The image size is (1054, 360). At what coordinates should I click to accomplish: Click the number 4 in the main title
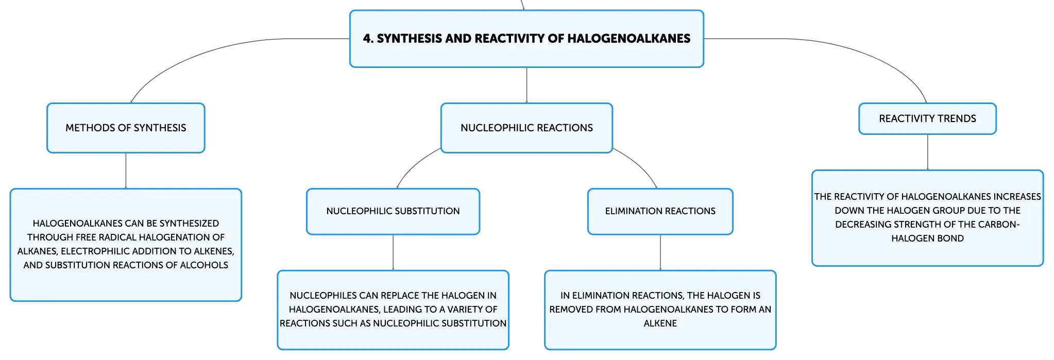367,39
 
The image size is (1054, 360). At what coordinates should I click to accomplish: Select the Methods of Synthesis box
126,128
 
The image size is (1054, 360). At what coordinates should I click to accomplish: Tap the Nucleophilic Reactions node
526,128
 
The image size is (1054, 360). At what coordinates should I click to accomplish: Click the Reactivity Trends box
927,118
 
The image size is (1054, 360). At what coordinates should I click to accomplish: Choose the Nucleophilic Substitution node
393,211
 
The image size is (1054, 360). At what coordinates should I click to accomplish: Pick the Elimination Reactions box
660,211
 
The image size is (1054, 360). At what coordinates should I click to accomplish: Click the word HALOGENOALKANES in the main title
628,39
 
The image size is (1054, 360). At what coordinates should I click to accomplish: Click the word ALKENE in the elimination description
660,323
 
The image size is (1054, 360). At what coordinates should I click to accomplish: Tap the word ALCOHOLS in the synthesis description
204,265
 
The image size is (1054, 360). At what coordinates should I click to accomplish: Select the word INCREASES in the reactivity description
1017,197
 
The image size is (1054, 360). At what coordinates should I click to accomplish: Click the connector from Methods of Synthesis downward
126,171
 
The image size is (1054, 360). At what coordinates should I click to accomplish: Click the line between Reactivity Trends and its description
927,152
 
